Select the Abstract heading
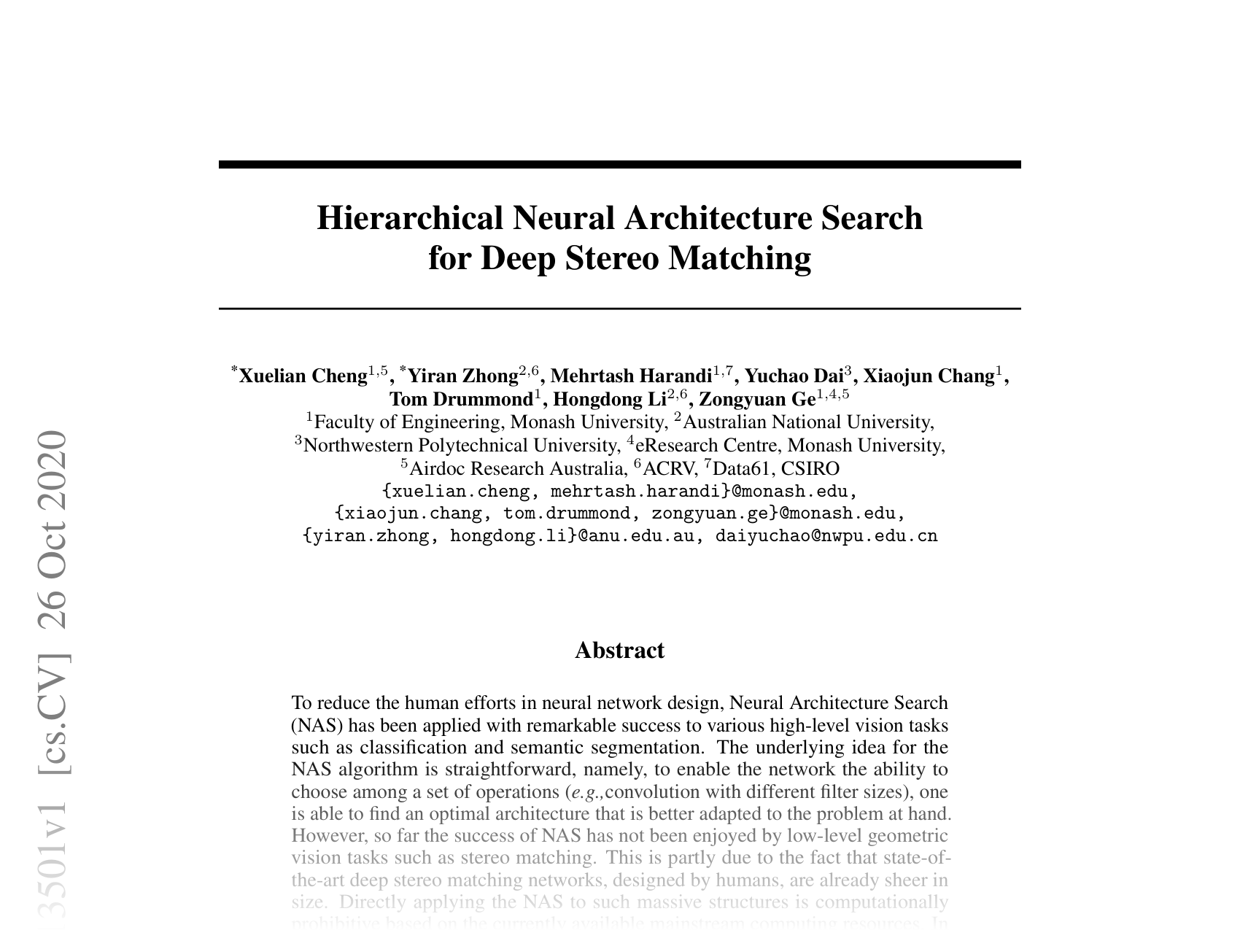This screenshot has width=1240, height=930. point(619,650)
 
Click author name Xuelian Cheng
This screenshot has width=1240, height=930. point(303,376)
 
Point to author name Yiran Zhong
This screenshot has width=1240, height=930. point(463,376)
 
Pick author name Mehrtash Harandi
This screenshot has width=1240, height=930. point(631,376)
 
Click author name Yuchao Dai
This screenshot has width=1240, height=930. point(794,376)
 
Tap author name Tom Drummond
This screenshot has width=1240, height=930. point(461,399)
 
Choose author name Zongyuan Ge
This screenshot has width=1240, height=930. point(757,399)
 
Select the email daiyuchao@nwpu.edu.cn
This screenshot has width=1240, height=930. point(826,536)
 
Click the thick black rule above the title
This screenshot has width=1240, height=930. point(619,165)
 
